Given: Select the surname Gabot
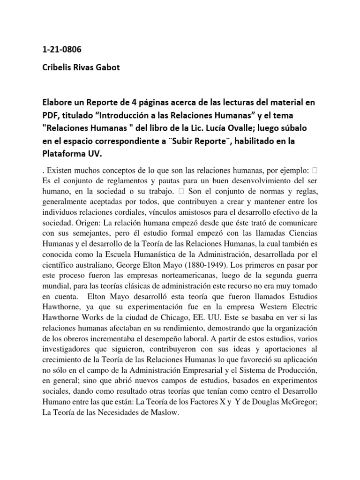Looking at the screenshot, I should pos(108,67).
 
